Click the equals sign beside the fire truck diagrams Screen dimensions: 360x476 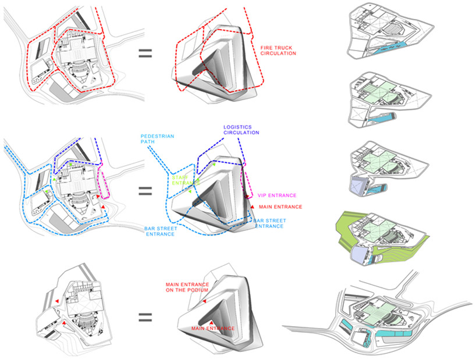144,55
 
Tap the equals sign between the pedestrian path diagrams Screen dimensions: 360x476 144,191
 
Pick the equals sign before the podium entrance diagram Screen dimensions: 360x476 144,318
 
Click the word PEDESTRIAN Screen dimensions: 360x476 159,136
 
